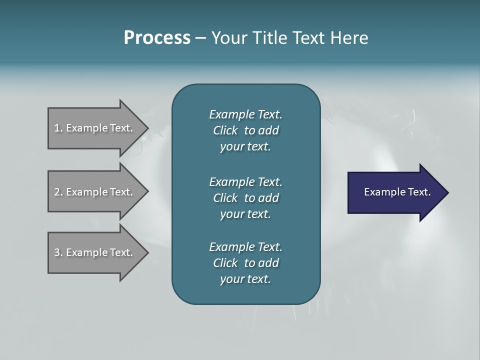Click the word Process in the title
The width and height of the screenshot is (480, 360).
pyautogui.click(x=157, y=38)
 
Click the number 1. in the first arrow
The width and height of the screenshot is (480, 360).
pyautogui.click(x=58, y=128)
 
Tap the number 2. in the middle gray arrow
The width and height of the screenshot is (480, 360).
pyautogui.click(x=58, y=192)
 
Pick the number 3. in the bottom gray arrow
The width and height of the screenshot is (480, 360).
pyautogui.click(x=58, y=252)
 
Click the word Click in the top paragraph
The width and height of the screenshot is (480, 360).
pyautogui.click(x=225, y=130)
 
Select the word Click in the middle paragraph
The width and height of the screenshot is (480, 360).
pyautogui.click(x=225, y=198)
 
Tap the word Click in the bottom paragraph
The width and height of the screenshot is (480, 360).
pyautogui.click(x=225, y=263)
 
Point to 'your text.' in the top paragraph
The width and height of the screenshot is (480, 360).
pyautogui.click(x=245, y=147)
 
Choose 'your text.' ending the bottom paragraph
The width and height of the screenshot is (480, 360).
pyautogui.click(x=245, y=279)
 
